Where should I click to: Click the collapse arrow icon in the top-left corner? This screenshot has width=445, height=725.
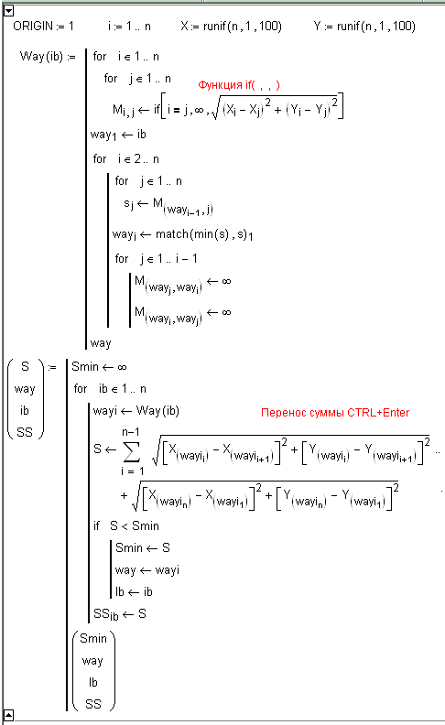pyautogui.click(x=8, y=11)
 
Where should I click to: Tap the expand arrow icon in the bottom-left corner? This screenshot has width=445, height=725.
pyautogui.click(x=8, y=715)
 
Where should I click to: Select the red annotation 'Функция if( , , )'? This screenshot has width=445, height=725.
pyautogui.click(x=239, y=85)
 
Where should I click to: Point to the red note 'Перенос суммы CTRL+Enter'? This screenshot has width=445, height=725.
pyautogui.click(x=335, y=413)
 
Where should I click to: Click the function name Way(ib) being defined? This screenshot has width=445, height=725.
pyautogui.click(x=41, y=57)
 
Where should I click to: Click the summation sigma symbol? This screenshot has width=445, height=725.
pyautogui.click(x=131, y=451)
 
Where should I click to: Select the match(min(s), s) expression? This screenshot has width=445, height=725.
pyautogui.click(x=204, y=235)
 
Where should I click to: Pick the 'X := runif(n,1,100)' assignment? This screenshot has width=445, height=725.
pyautogui.click(x=231, y=27)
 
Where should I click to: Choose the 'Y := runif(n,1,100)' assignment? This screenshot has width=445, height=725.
pyautogui.click(x=364, y=27)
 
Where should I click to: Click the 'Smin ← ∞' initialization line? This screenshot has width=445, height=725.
pyautogui.click(x=99, y=367)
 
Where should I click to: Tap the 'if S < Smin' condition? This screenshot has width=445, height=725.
pyautogui.click(x=126, y=526)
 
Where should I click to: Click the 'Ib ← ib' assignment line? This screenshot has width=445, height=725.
pyautogui.click(x=134, y=592)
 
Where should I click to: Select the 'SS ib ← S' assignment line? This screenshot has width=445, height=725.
pyautogui.click(x=120, y=614)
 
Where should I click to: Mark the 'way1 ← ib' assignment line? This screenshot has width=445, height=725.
pyautogui.click(x=118, y=135)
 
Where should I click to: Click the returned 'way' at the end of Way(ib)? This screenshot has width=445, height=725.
pyautogui.click(x=101, y=343)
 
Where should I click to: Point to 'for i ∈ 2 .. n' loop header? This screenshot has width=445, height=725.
pyautogui.click(x=125, y=159)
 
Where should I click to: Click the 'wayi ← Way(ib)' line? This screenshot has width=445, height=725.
pyautogui.click(x=136, y=411)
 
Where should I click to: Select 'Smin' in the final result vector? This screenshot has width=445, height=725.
pyautogui.click(x=93, y=639)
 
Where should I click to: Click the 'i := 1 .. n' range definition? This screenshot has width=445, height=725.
pyautogui.click(x=129, y=27)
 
